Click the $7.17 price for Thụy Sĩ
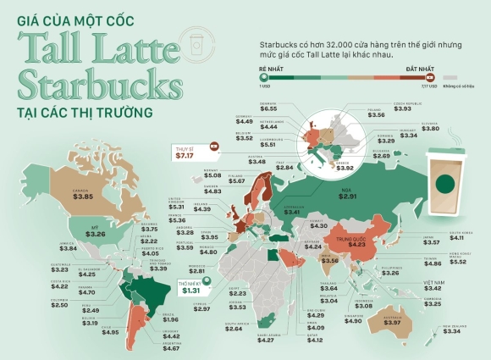(x=184, y=155)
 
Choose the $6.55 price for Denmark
(x=269, y=108)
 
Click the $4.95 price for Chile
(x=111, y=332)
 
